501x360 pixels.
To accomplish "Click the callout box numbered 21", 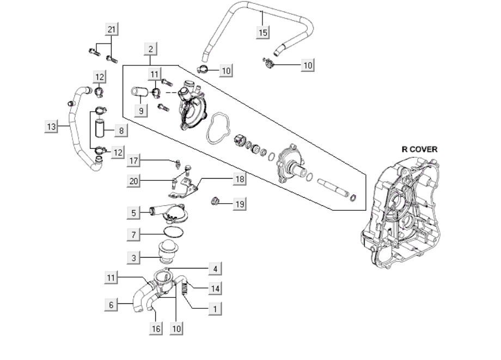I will coord(112,29).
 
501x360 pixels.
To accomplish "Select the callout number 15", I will coord(263,33).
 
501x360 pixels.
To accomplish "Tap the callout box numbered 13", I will coord(51,127).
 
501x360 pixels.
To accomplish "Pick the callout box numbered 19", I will coord(240,204).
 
